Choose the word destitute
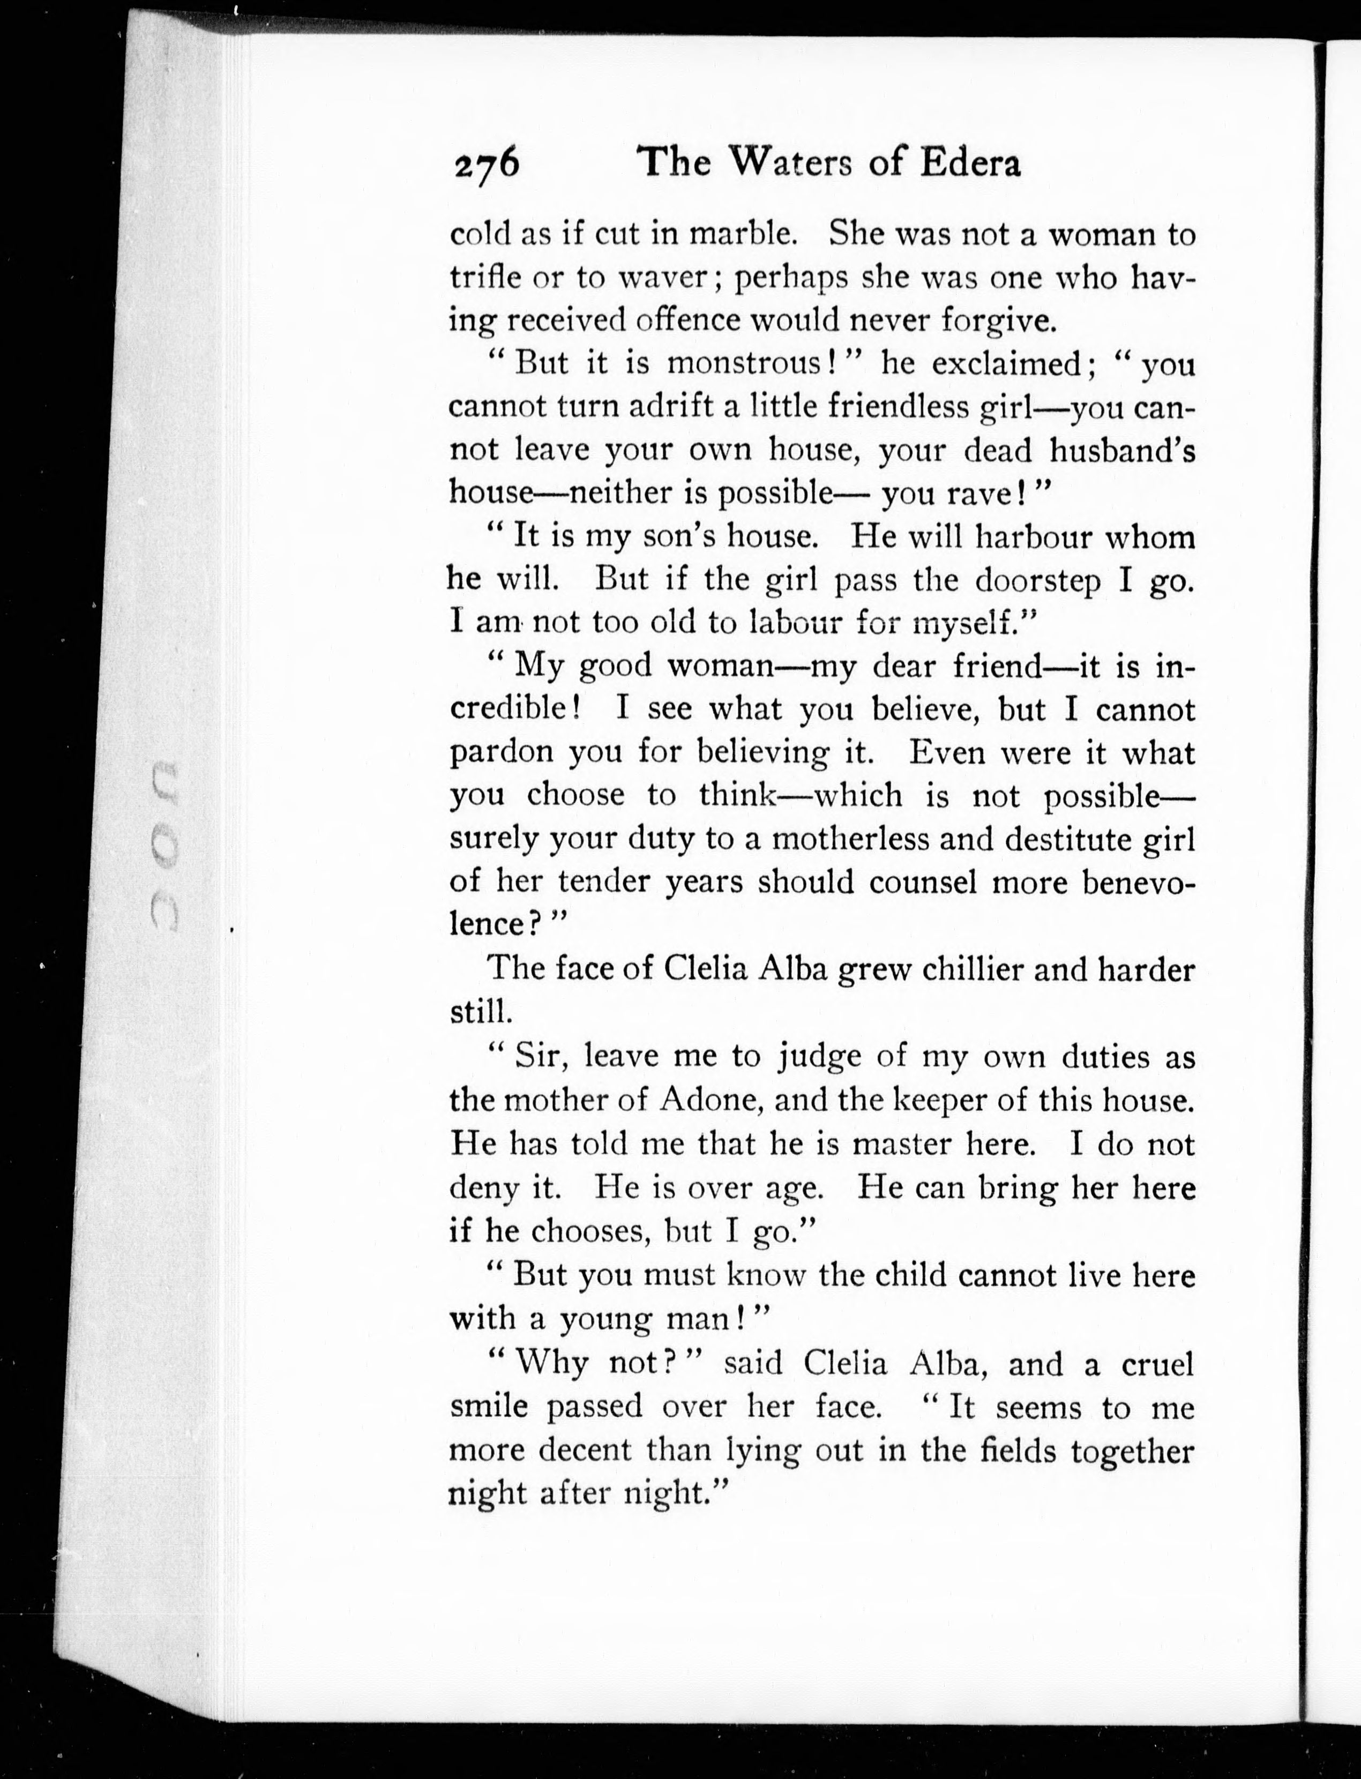tap(1066, 839)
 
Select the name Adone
tap(709, 1100)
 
